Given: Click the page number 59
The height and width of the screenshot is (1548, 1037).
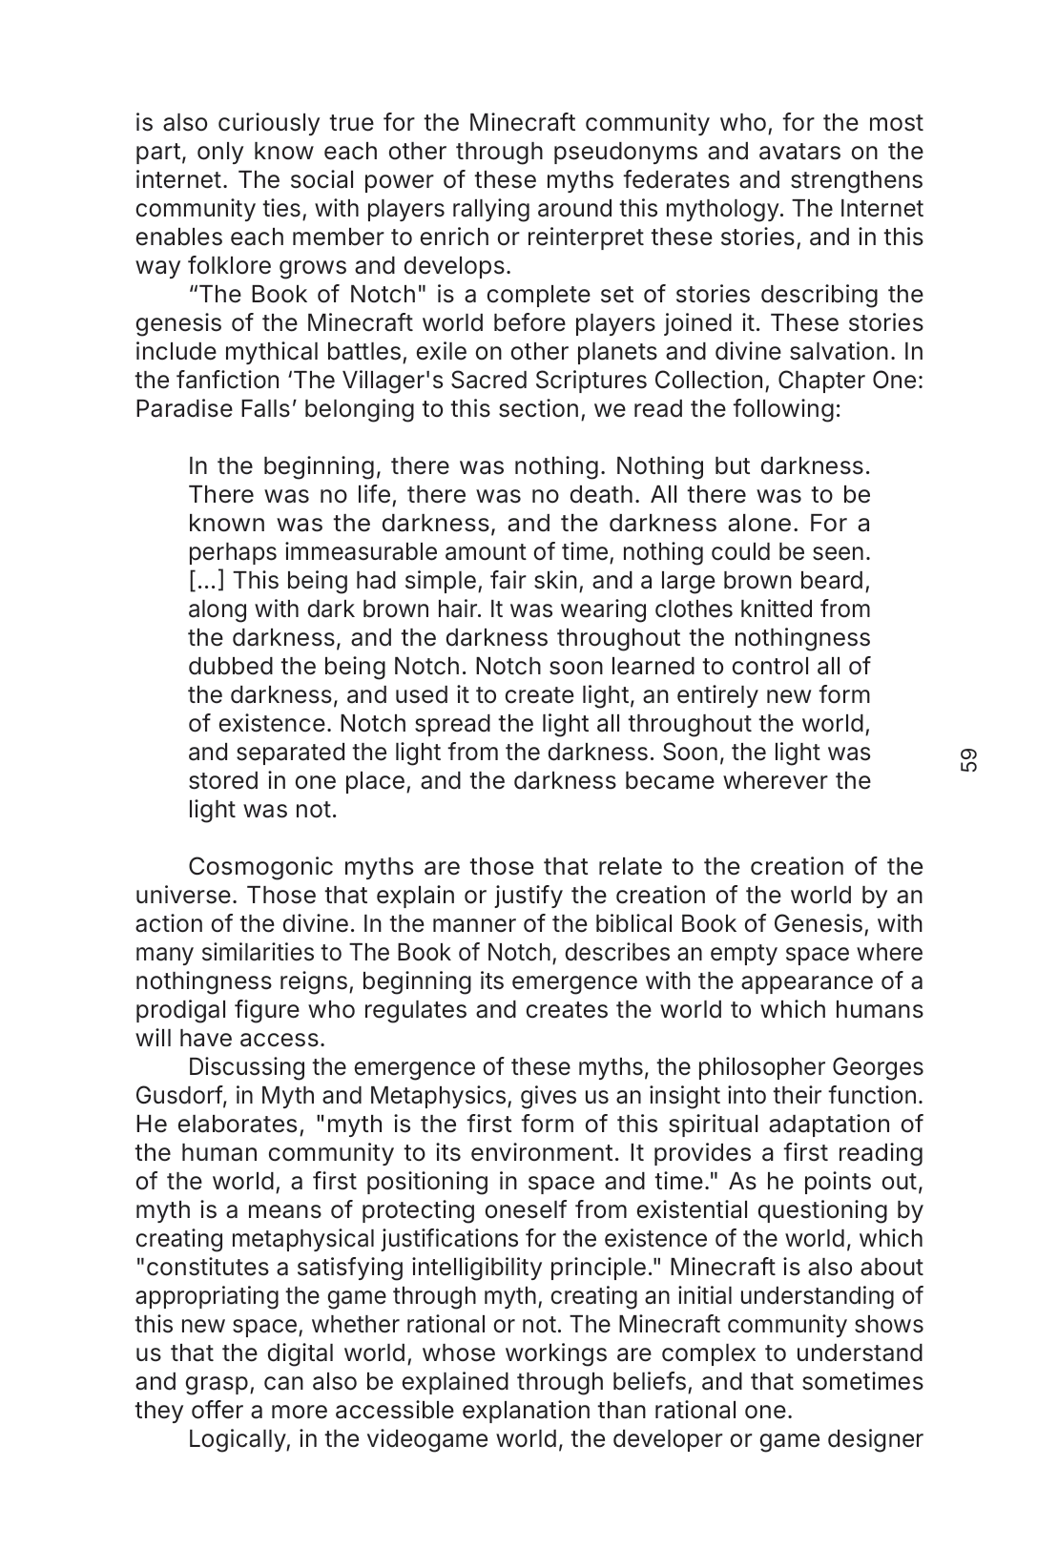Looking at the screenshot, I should point(969,760).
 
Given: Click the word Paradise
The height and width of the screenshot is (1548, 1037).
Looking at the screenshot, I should point(179,409).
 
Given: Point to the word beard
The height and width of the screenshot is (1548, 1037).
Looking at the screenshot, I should point(836,581).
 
